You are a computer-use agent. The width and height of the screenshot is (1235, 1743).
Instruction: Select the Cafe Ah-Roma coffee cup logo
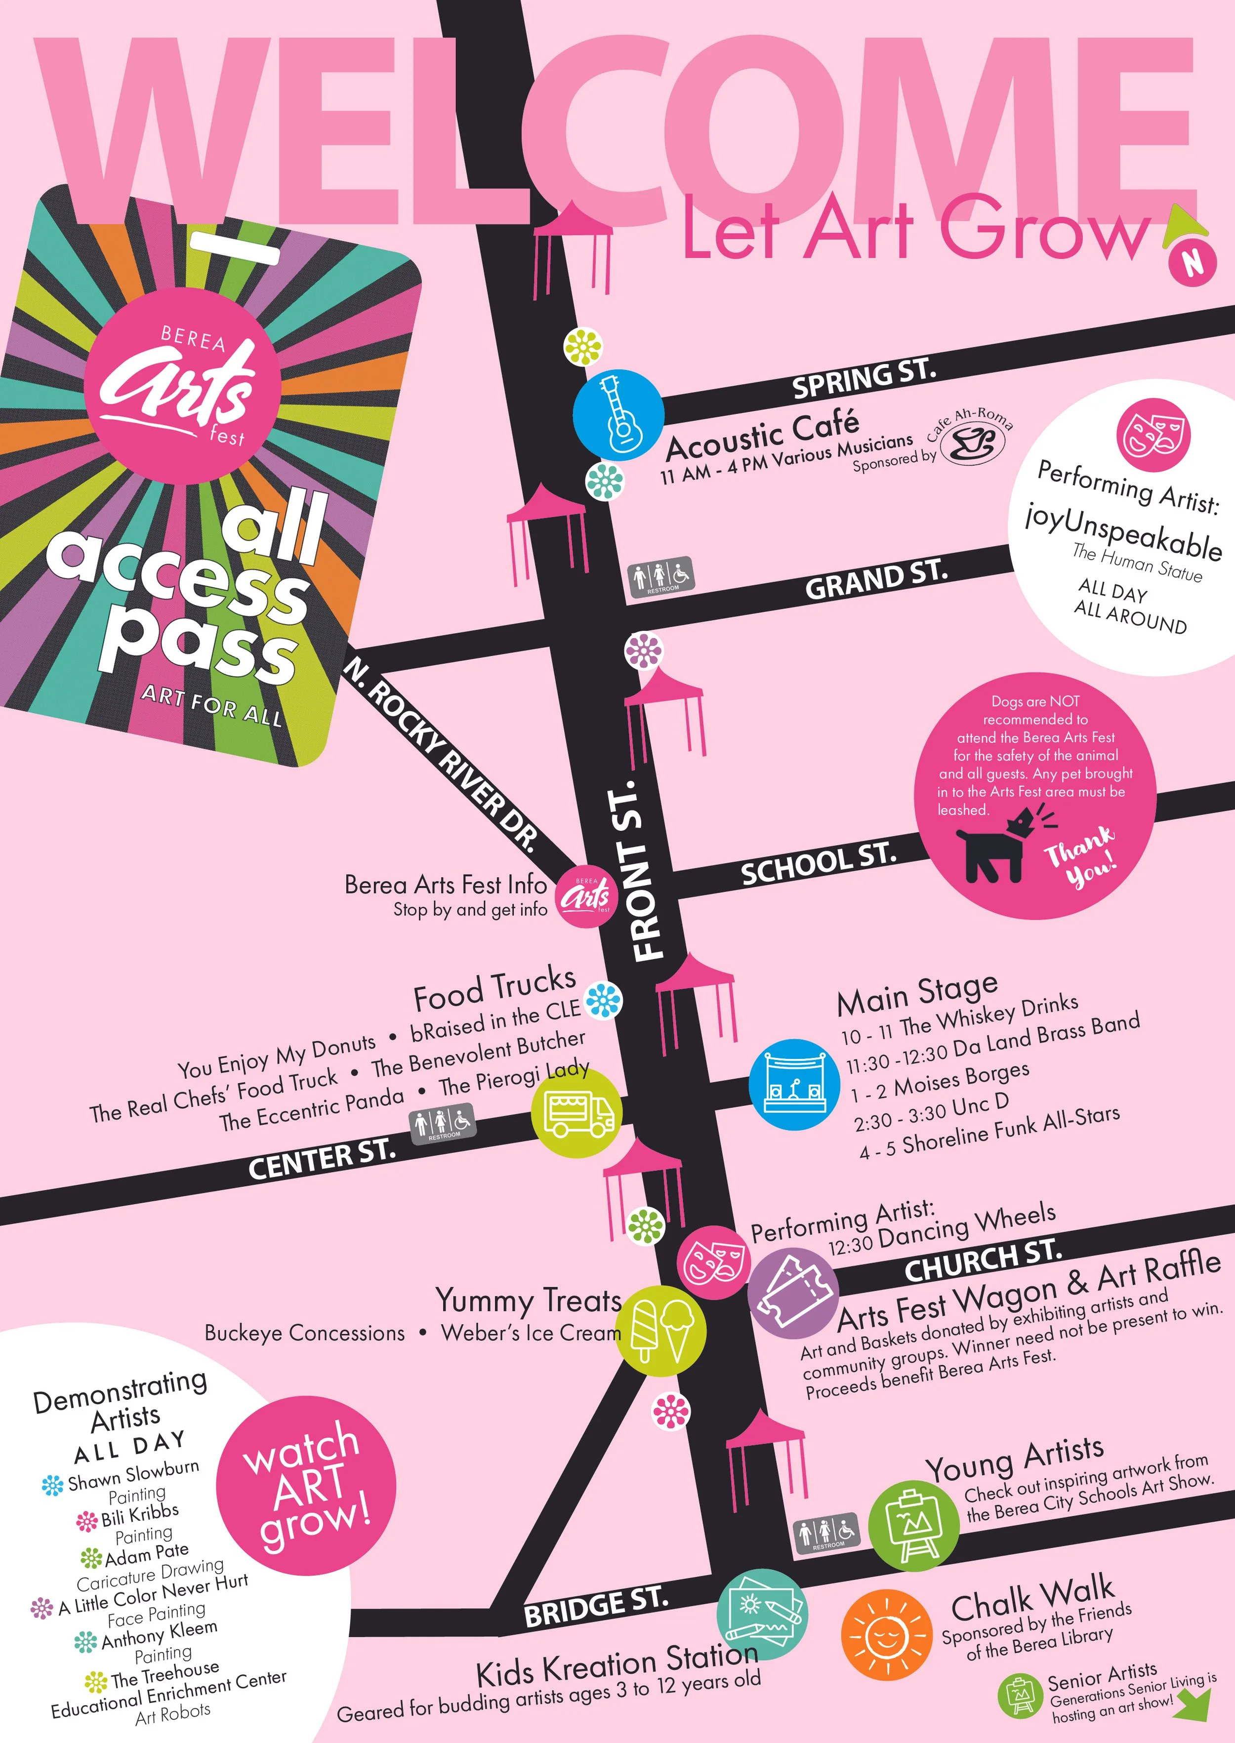tap(973, 446)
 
